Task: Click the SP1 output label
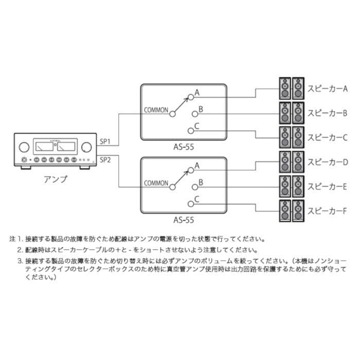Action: (105, 141)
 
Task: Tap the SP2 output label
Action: (105, 160)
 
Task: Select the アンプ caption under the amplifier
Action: (56, 179)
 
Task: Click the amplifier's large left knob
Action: (24, 147)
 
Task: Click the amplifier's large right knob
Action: (86, 147)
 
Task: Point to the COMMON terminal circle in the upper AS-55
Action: (172, 114)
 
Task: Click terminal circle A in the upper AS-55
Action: (191, 97)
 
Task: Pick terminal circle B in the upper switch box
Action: (195, 114)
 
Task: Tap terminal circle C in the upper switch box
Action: (191, 131)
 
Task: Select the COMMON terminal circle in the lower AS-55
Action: (172, 187)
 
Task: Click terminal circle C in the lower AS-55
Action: (191, 204)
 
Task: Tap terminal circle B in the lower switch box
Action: (195, 187)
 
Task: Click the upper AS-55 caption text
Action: (184, 147)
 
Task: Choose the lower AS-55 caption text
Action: (184, 220)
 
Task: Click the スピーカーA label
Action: (328, 88)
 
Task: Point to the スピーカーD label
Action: (328, 162)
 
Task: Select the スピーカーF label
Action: (327, 211)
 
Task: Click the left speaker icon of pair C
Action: (285, 137)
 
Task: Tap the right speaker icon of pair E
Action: (298, 186)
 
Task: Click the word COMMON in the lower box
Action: (156, 183)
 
